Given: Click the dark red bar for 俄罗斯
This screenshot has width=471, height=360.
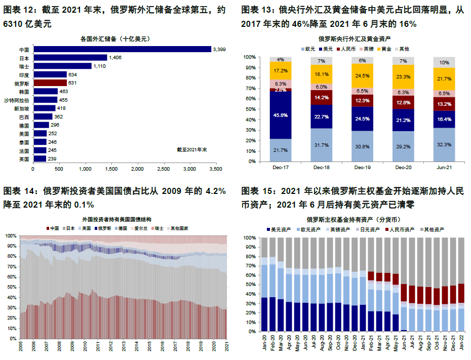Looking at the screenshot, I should (x=50, y=83).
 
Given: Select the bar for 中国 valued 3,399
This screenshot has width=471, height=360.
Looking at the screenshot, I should (x=122, y=49).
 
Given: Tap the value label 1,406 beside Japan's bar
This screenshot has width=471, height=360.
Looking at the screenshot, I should (x=115, y=58).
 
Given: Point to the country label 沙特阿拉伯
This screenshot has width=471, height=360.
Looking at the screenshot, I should (x=16, y=100).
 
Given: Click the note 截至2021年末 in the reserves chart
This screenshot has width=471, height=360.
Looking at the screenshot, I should (x=192, y=149).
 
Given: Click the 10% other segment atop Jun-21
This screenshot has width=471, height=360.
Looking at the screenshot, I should (x=444, y=63).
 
